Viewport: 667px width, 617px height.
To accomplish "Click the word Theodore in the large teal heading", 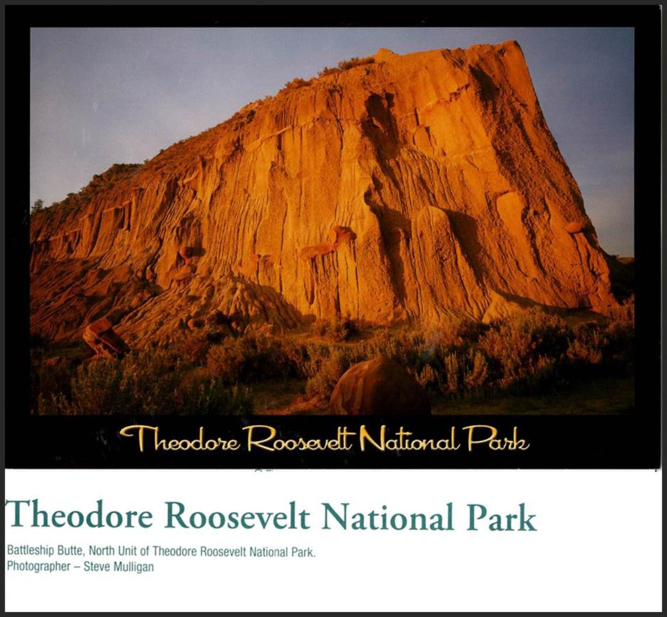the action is tap(79, 515).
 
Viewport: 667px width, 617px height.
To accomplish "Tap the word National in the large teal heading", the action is tap(387, 515).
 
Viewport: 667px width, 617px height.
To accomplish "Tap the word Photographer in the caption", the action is tap(39, 568).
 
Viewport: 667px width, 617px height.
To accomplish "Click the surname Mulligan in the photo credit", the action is tap(134, 568).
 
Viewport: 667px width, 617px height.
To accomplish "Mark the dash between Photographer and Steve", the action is tap(77, 568).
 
